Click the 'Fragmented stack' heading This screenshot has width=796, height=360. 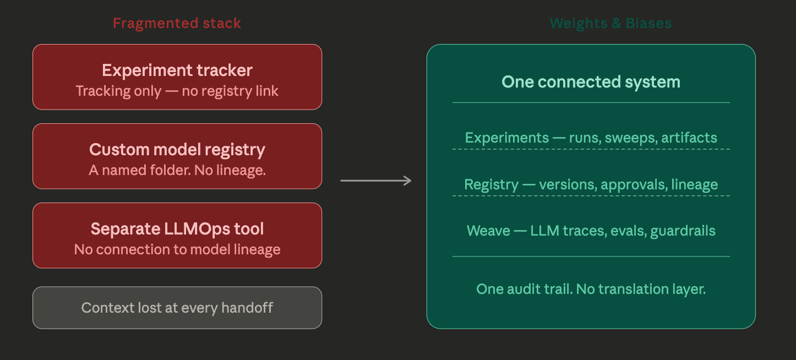tap(177, 23)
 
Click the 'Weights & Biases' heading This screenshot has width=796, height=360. tap(610, 23)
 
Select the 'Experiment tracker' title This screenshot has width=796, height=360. tap(177, 70)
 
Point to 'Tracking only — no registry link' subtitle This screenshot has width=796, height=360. tap(177, 91)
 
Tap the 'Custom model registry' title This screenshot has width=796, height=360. tap(177, 150)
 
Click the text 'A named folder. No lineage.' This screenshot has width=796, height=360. tap(177, 170)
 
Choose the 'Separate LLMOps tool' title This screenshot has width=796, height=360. tap(177, 229)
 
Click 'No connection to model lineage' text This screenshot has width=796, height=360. tap(177, 249)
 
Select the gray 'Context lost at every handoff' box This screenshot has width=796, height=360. tap(177, 308)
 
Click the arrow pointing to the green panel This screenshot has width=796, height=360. tap(376, 181)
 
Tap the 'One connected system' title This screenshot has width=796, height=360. tap(591, 82)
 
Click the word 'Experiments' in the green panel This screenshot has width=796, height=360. tap(506, 138)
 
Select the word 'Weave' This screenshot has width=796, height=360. tap(488, 230)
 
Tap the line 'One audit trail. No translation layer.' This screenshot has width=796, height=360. tap(591, 289)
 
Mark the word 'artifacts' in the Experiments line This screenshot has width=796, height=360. tap(690, 138)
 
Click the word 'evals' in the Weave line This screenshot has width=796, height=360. tap(628, 230)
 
